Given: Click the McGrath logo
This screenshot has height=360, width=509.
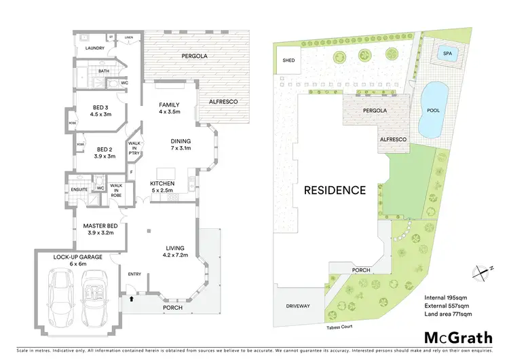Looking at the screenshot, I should point(458,338).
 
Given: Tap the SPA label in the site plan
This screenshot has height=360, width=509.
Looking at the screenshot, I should point(446,52).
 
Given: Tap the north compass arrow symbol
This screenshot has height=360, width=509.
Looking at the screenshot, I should point(483,270).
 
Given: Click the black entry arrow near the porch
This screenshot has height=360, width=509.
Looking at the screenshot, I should point(130,297).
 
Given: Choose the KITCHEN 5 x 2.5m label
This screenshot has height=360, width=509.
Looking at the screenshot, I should point(163,187).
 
